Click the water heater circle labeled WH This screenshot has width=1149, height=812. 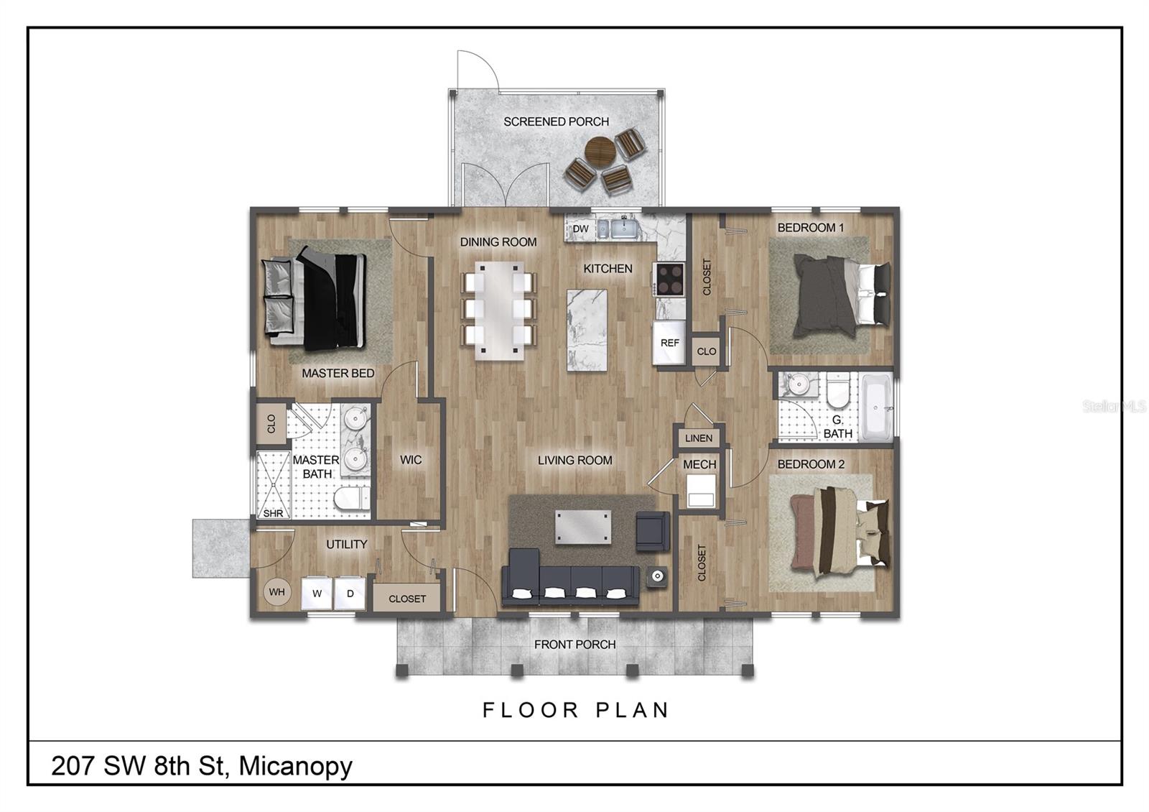(x=277, y=592)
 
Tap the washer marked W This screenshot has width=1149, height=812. (x=317, y=594)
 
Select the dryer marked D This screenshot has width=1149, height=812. (x=350, y=594)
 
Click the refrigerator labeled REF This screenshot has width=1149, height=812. (x=669, y=342)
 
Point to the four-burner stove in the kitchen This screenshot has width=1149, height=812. (x=669, y=280)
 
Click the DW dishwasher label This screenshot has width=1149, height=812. (x=580, y=229)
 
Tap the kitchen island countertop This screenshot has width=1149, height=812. (x=587, y=330)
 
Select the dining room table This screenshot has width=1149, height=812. (x=498, y=310)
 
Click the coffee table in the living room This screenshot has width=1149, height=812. (x=583, y=527)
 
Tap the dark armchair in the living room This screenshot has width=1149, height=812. (x=653, y=531)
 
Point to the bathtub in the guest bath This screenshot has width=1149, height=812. (x=876, y=407)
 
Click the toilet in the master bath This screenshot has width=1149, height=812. (x=352, y=498)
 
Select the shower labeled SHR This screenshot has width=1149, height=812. (x=273, y=485)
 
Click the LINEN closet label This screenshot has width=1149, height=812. (x=699, y=438)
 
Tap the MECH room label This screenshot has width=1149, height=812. (x=699, y=464)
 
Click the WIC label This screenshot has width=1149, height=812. (x=411, y=460)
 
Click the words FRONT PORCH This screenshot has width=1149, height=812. (x=574, y=644)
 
